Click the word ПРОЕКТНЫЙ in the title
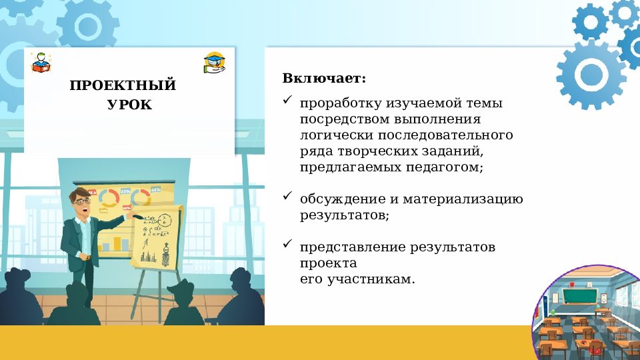coord(123,85)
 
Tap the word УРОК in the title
coord(129,105)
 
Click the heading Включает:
coord(324,79)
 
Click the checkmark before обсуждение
coord(287,197)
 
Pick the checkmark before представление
coord(287,245)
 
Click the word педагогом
coord(443,167)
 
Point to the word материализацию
coord(461,199)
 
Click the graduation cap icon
coord(214,63)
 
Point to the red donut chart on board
coord(108,197)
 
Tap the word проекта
coord(323,263)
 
